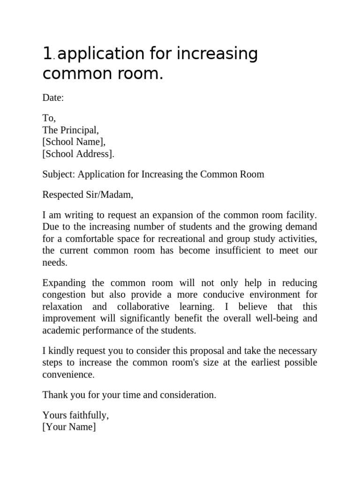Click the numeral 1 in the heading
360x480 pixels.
coord(47,54)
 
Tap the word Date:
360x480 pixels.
coord(53,97)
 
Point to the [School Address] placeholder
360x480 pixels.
coord(78,153)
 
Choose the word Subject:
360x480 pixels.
coord(59,174)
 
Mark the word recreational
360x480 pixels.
coord(173,239)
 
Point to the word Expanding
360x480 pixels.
coord(64,283)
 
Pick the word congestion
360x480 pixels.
coord(64,295)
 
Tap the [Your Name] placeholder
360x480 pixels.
coord(69,427)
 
